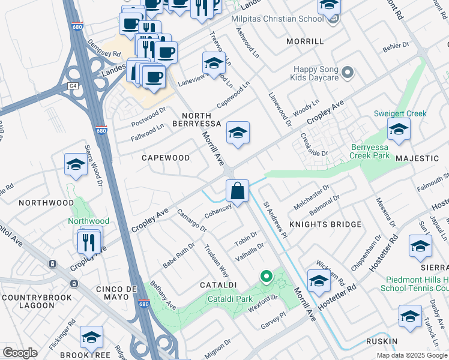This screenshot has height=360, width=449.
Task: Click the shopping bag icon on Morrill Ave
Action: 238,191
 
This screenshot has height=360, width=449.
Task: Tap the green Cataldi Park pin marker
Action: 266,277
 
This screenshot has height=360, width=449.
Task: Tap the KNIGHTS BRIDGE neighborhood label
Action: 325,224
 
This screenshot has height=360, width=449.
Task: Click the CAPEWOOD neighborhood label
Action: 166,158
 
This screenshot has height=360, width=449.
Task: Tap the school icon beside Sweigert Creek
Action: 399,130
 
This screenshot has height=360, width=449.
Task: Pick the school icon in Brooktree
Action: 91,338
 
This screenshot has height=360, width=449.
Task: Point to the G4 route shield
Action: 73,86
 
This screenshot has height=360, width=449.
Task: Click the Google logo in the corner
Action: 20,353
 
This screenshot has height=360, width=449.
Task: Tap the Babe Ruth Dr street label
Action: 179,255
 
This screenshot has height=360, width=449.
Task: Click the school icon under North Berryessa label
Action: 238,133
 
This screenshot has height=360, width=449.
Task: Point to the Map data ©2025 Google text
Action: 411,355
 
